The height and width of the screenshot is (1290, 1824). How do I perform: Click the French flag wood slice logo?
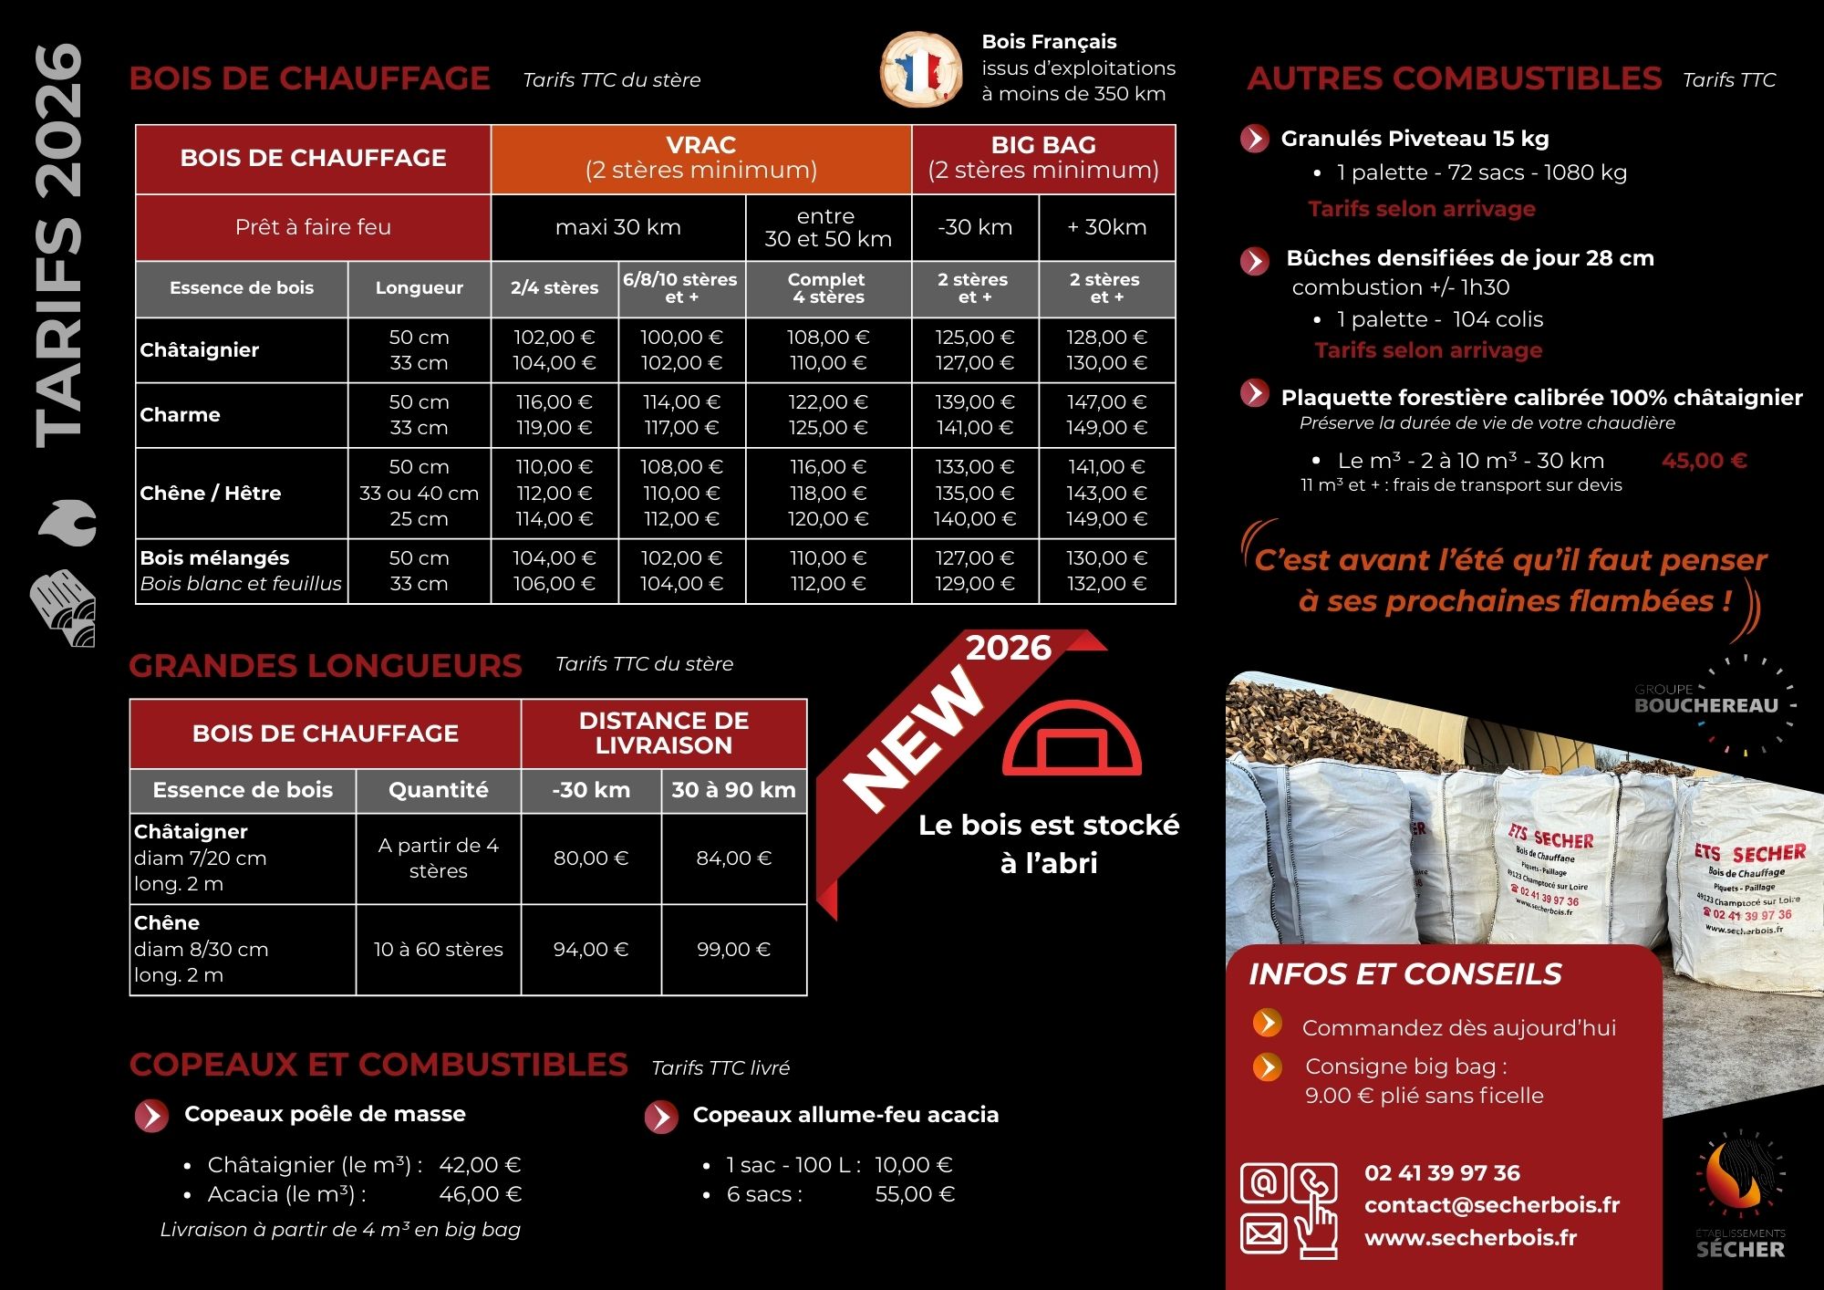(x=921, y=68)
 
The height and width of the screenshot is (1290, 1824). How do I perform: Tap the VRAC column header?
(x=700, y=158)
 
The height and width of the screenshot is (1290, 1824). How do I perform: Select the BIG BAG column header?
(x=1043, y=158)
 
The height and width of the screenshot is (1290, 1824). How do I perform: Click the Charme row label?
(x=181, y=415)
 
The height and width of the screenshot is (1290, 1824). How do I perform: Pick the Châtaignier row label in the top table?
(x=200, y=350)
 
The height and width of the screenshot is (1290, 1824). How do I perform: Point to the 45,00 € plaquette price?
(x=1704, y=461)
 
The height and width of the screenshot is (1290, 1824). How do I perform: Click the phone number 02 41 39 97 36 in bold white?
(x=1442, y=1173)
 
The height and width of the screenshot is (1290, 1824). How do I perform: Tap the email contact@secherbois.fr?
(x=1492, y=1205)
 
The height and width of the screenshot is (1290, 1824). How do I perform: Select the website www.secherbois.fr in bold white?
(x=1470, y=1238)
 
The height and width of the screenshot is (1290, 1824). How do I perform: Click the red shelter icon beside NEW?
(x=1072, y=739)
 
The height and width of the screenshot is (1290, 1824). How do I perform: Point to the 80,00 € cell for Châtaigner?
(x=591, y=858)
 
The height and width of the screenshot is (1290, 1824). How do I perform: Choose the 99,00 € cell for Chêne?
(x=733, y=950)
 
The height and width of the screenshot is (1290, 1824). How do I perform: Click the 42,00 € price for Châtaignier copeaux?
(x=480, y=1165)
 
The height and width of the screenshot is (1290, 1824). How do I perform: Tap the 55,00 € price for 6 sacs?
(x=915, y=1194)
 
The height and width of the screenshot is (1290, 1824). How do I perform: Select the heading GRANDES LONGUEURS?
(x=326, y=666)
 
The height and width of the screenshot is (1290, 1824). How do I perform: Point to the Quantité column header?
(x=438, y=790)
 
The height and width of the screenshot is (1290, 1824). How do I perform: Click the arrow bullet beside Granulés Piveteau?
(x=1255, y=139)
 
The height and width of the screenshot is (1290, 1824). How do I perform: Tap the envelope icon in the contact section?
(x=1263, y=1234)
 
